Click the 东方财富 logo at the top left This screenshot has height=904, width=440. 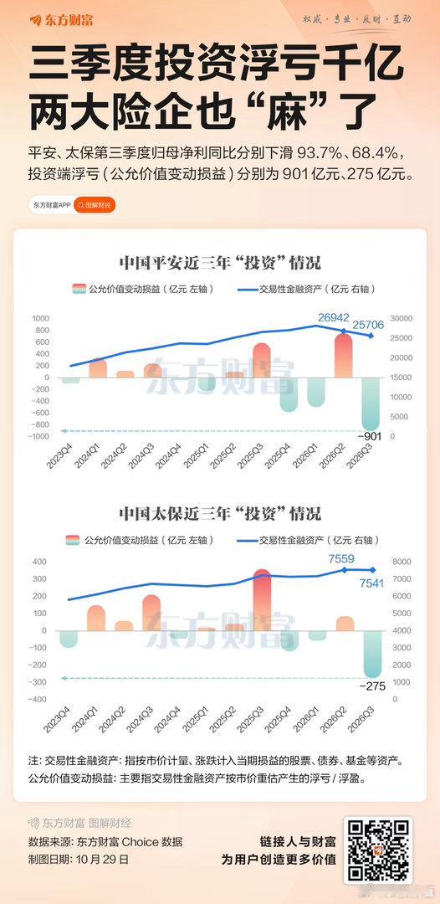(x=60, y=20)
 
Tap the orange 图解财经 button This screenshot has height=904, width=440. (x=95, y=205)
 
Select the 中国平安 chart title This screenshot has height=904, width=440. (x=219, y=264)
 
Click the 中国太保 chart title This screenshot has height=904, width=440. (x=219, y=513)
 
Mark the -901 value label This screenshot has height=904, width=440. (x=371, y=436)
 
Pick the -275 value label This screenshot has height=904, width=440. (x=371, y=686)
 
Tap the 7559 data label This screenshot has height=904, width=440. (x=341, y=558)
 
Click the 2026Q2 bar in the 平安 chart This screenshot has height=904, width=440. (x=343, y=355)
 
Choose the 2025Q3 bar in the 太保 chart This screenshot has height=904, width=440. (x=262, y=599)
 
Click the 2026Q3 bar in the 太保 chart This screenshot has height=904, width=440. (x=372, y=654)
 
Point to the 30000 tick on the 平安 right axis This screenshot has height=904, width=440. (x=402, y=318)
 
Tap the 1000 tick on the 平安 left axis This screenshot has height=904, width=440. (x=40, y=318)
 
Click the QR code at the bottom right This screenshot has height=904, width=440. (x=377, y=850)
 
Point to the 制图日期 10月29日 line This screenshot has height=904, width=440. (x=79, y=859)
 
